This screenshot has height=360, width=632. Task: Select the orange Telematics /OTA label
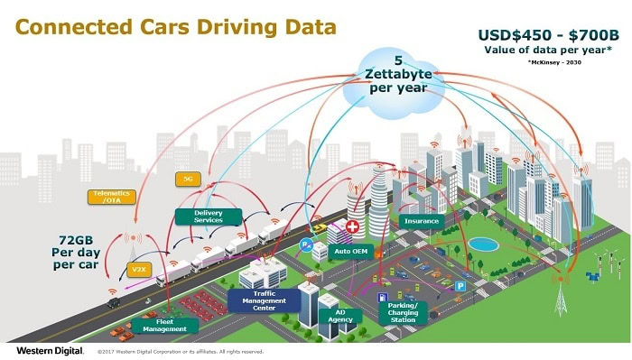(x=113, y=196)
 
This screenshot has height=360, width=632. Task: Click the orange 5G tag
(x=189, y=179)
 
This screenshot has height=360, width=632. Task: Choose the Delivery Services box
(x=208, y=217)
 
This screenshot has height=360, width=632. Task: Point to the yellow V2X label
(x=137, y=268)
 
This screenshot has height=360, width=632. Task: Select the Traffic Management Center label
(x=264, y=300)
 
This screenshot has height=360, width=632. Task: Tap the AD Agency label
(x=339, y=316)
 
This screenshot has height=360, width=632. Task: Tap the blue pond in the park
(x=483, y=245)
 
